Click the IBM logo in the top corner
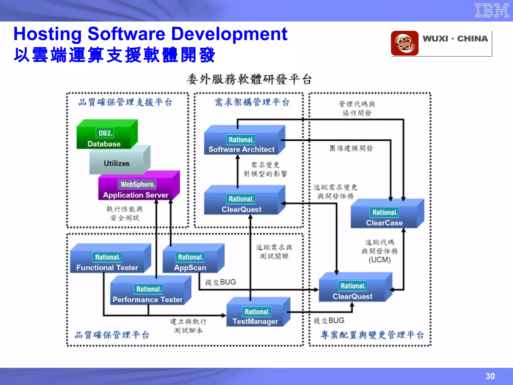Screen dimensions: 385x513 [x=491, y=11]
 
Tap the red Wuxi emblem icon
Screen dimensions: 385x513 [x=405, y=43]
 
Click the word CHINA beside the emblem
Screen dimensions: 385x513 [x=472, y=39]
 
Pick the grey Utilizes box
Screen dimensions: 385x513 [x=117, y=163]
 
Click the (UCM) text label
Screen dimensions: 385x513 [x=379, y=260]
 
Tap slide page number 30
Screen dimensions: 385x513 [x=490, y=376]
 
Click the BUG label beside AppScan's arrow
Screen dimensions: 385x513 [x=228, y=282]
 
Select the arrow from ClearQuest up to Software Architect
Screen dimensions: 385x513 [x=238, y=173]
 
